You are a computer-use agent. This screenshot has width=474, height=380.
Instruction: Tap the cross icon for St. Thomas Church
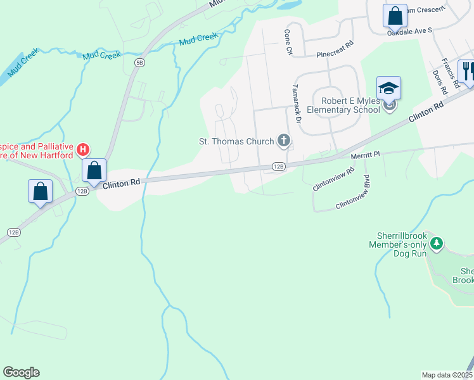tap(284, 141)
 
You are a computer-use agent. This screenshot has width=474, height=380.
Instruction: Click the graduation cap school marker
tap(388, 88)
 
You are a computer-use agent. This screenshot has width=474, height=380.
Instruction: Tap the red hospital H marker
tap(82, 150)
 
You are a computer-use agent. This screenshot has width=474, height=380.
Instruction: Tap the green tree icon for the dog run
tap(436, 243)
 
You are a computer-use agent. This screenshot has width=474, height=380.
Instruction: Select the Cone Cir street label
tap(288, 42)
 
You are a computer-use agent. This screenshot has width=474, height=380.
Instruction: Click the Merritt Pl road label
tap(366, 154)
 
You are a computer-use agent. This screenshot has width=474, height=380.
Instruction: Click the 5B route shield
tap(139, 62)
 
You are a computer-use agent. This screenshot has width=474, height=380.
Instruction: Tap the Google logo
tap(21, 372)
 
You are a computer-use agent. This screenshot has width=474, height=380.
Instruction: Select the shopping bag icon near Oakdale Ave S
tap(395, 15)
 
